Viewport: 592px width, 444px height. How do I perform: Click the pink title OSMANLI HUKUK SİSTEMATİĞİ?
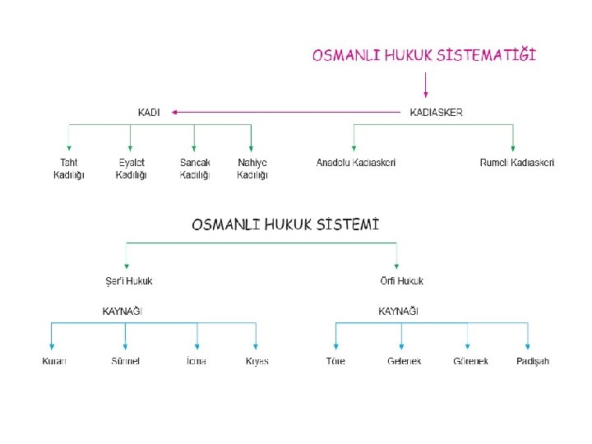pyautogui.click(x=424, y=56)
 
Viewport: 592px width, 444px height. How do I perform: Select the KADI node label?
pyautogui.click(x=149, y=113)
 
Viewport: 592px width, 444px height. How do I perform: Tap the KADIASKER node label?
pyautogui.click(x=436, y=113)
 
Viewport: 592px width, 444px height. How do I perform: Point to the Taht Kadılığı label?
pyautogui.click(x=69, y=169)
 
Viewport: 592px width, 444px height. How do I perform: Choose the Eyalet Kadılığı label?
pyautogui.click(x=131, y=169)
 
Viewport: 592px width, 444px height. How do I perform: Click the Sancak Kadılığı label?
pyautogui.click(x=195, y=169)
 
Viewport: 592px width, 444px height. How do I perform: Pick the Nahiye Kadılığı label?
pyautogui.click(x=252, y=169)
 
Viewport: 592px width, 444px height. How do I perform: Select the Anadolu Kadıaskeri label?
pyautogui.click(x=356, y=163)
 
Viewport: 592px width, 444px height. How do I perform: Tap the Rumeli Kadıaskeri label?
pyautogui.click(x=517, y=163)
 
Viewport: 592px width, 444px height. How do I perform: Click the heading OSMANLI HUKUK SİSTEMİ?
pyautogui.click(x=285, y=224)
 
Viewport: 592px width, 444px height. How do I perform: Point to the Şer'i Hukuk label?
pyautogui.click(x=128, y=281)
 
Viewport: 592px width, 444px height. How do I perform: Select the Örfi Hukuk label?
pyautogui.click(x=402, y=281)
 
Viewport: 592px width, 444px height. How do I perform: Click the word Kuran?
pyautogui.click(x=54, y=362)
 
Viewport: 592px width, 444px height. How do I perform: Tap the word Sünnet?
pyautogui.click(x=126, y=362)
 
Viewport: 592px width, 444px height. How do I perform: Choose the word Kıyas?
pyautogui.click(x=257, y=362)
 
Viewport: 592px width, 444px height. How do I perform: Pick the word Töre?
pyautogui.click(x=335, y=362)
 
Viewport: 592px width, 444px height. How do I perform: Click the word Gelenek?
pyautogui.click(x=404, y=362)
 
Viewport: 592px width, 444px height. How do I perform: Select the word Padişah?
pyautogui.click(x=533, y=362)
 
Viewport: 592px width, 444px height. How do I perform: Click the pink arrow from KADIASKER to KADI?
pyautogui.click(x=288, y=113)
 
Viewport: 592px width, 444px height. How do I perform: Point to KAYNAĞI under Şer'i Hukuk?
pyautogui.click(x=123, y=312)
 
